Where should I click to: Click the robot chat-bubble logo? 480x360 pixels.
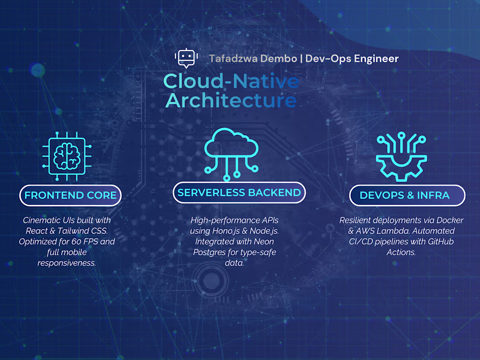click(x=186, y=58)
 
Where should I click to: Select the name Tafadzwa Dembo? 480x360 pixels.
click(x=252, y=58)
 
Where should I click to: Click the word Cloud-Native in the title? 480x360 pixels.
click(x=231, y=82)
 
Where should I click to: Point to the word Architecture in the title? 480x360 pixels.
click(x=231, y=100)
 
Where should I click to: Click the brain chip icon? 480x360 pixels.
click(x=64, y=156)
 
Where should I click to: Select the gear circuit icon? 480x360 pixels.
click(x=401, y=157)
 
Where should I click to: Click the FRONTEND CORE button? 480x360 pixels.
click(x=70, y=195)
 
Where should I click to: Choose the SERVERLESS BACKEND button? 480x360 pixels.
click(x=239, y=192)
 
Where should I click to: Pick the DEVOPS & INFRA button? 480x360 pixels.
click(x=407, y=195)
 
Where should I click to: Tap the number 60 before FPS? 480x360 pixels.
click(x=77, y=241)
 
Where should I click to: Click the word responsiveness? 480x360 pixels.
click(x=67, y=263)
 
